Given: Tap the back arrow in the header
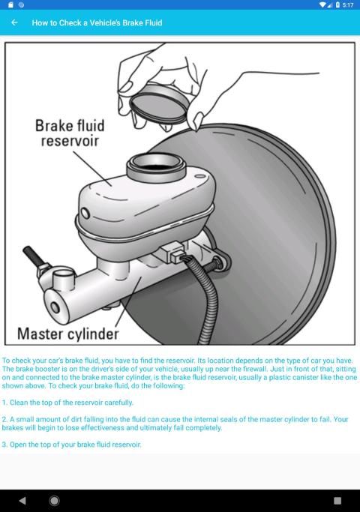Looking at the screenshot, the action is coord(14,22).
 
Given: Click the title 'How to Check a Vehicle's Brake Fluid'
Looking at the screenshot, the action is coord(97,22).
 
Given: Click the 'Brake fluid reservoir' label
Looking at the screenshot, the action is coord(70,133).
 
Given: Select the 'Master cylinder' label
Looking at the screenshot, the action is coord(68,334).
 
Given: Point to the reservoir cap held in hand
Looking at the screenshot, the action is coord(159,103).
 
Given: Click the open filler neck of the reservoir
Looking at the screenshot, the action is coord(156,167).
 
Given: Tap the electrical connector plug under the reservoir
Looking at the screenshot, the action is coord(173,252).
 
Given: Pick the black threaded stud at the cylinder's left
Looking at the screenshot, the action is coord(32,256).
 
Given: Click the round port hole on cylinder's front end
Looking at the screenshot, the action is coord(55,307).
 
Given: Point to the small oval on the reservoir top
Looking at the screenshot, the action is coord(200,177).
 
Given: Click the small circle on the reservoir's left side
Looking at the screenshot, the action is coord(85,213).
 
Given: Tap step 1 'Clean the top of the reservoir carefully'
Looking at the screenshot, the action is coord(67,403).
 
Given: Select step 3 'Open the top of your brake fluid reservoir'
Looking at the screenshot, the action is coord(71,445).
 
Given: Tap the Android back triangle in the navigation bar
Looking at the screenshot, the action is coord(22,501).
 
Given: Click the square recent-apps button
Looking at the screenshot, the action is coord(337,501).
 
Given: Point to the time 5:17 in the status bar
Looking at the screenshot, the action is coord(348,5).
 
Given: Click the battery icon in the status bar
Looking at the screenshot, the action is coord(337,5).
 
